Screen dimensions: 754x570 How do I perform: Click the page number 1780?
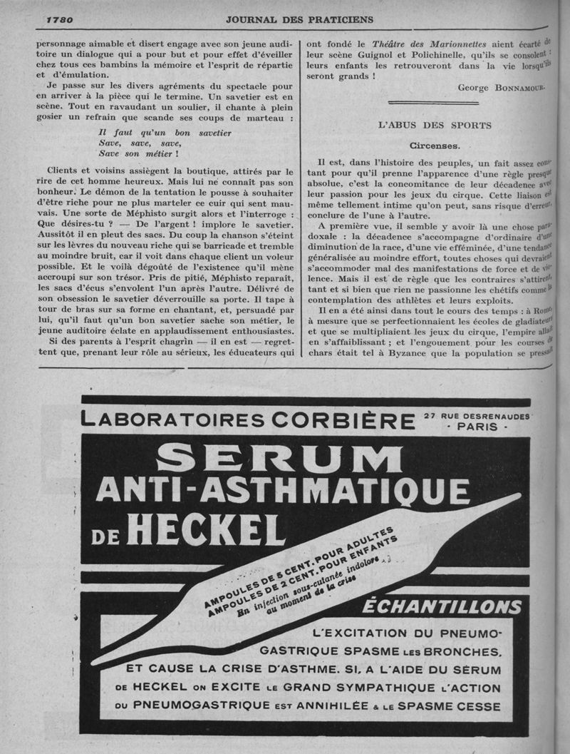(x=60, y=19)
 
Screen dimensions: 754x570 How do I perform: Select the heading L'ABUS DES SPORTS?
(x=434, y=125)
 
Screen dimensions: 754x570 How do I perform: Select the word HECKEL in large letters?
(x=202, y=528)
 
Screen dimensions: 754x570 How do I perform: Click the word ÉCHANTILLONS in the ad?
(x=442, y=607)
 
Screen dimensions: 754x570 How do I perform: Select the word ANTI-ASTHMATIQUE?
(x=283, y=491)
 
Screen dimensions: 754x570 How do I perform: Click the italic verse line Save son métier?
(x=138, y=153)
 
